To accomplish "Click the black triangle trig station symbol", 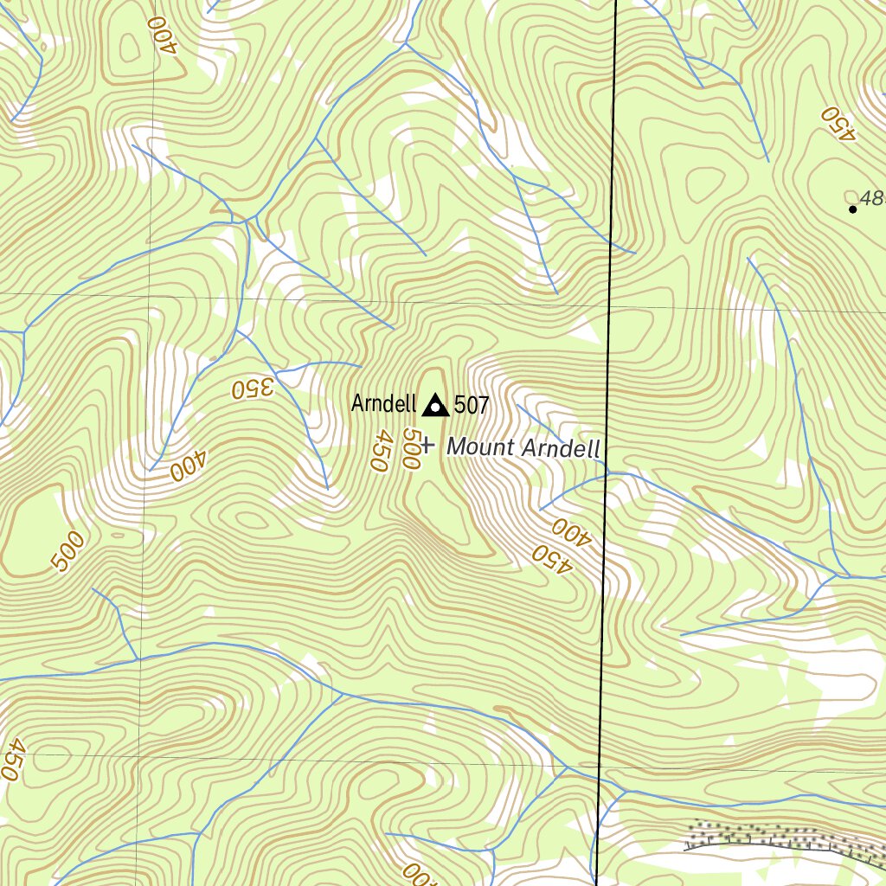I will pos(435,404).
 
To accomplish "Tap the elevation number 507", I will pos(472,404).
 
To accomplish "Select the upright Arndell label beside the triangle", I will pos(384,404).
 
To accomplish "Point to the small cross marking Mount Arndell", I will pos(427,447).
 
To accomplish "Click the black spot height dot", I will pos(852,209).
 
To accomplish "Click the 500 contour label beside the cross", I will pos(411,450).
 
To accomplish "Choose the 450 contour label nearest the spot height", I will pos(838,123).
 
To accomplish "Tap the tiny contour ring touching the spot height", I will pos(851,196).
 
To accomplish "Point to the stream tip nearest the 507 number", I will pos(517,404).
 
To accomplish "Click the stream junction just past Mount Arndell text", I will pos(608,473).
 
